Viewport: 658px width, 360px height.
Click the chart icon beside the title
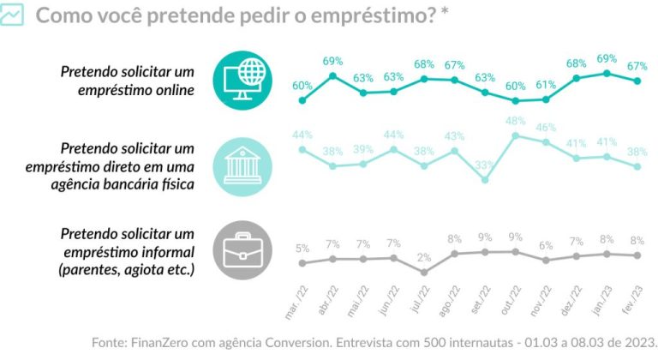pyautogui.click(x=12, y=15)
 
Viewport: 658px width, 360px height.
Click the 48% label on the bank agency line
pyautogui.click(x=515, y=121)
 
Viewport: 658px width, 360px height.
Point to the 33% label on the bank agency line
pyautogui.click(x=485, y=165)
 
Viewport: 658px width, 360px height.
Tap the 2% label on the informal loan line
pyautogui.click(x=424, y=258)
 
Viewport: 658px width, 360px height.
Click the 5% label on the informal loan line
pyautogui.click(x=302, y=249)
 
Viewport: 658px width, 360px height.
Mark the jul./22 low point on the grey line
pyautogui.click(x=424, y=272)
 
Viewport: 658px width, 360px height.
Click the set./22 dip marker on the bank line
pyautogui.click(x=485, y=180)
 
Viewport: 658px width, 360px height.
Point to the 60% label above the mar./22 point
pyautogui.click(x=302, y=86)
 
